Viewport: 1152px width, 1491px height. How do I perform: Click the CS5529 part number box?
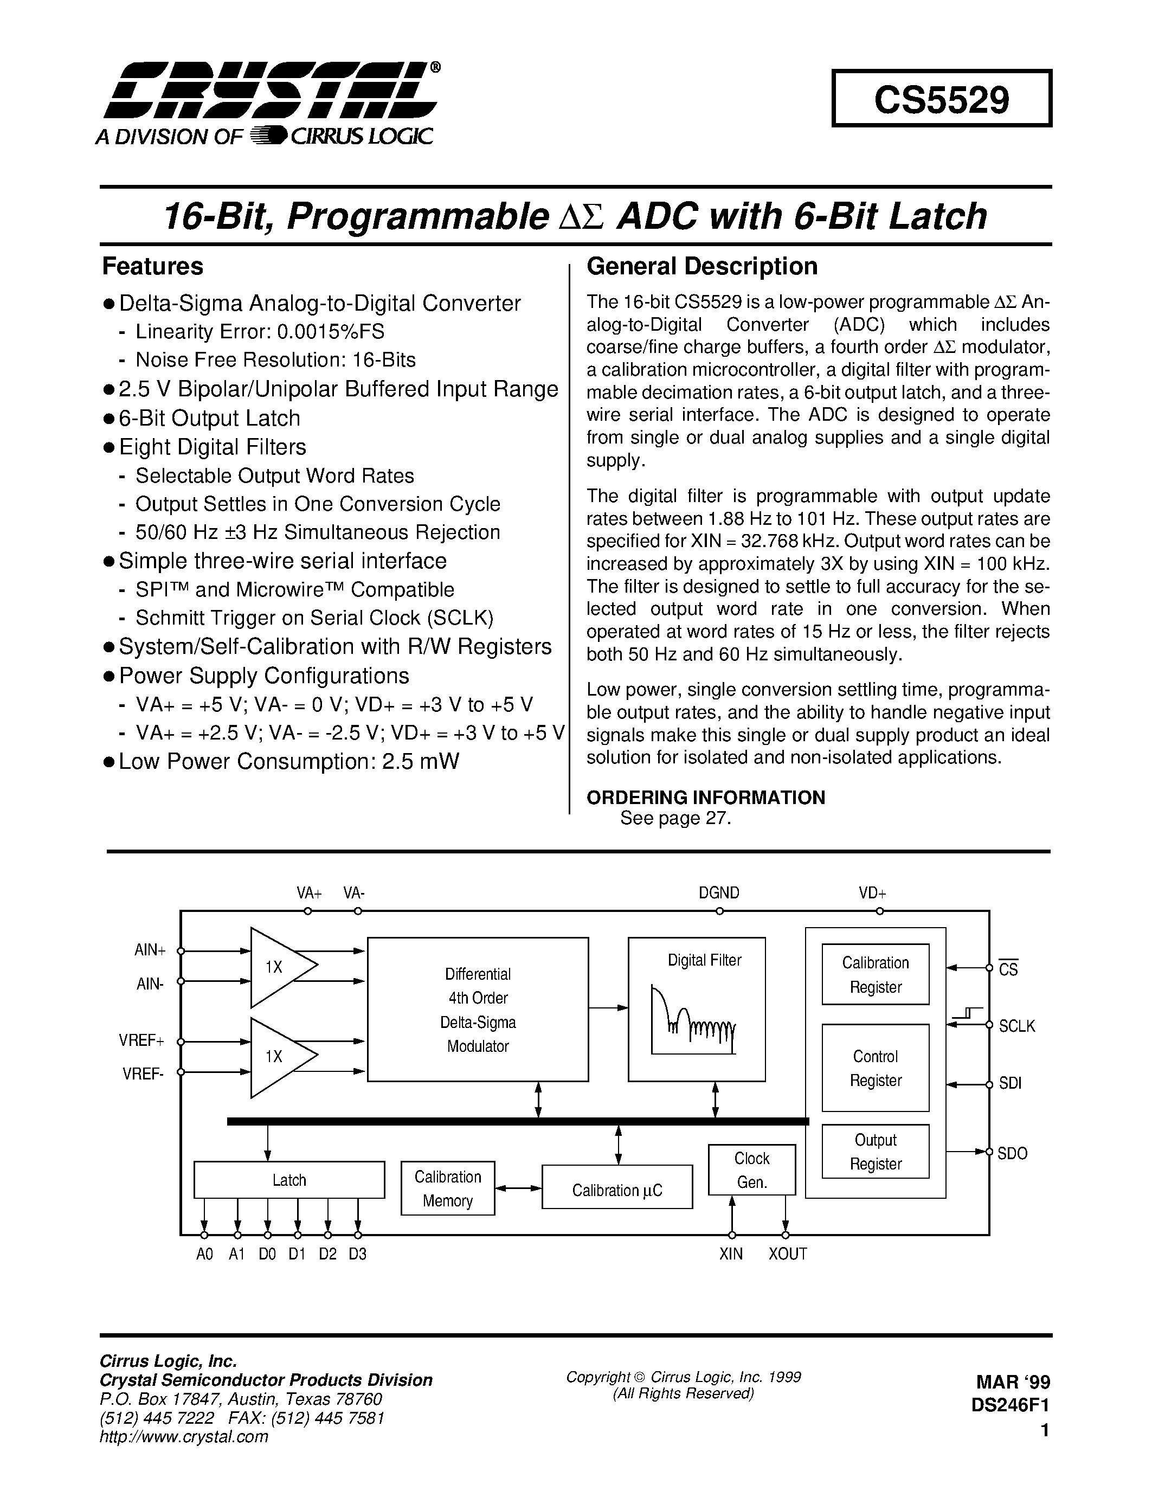tap(941, 99)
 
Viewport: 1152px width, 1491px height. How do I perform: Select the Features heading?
tap(152, 266)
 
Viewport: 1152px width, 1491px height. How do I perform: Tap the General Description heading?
tap(702, 266)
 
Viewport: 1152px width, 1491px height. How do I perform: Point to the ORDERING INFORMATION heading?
tap(706, 798)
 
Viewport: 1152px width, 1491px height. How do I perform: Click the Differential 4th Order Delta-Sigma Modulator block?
tap(478, 1009)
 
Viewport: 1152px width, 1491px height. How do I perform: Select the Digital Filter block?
tap(696, 1009)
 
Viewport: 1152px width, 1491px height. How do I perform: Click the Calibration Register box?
tap(875, 974)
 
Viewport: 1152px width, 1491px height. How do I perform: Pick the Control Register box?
tap(875, 1068)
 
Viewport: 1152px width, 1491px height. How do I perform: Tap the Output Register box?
tap(875, 1151)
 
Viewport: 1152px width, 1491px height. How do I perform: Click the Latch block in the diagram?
tap(289, 1180)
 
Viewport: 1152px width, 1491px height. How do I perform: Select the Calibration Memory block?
tap(447, 1188)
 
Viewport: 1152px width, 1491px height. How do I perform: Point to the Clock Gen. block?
tap(751, 1170)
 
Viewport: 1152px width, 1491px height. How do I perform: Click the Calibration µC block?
tap(617, 1190)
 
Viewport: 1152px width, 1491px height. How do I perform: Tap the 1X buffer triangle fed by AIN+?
tap(280, 967)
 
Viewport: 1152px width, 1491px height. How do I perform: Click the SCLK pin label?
tap(1016, 1026)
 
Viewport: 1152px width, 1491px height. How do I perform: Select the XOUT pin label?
tap(788, 1254)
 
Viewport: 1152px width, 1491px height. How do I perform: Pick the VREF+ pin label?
tap(141, 1041)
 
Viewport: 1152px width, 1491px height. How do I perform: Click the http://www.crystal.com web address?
tap(184, 1436)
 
